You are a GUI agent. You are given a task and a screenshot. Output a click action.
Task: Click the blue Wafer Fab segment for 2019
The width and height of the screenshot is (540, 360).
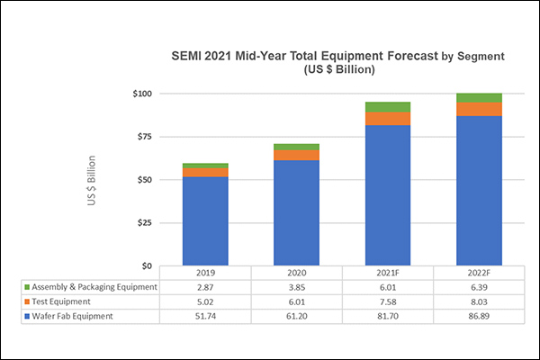pos(205,220)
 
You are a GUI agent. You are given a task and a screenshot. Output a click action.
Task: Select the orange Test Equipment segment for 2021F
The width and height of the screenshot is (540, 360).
pos(388,119)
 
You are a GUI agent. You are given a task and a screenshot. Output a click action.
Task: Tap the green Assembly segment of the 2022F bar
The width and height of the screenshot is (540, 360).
pos(479,97)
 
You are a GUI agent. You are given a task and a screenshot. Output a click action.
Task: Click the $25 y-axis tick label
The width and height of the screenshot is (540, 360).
pos(143,223)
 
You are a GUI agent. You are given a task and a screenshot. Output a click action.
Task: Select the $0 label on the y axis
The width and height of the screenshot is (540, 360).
pos(147,266)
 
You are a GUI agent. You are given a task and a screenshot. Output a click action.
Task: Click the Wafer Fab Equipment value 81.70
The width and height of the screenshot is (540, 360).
pos(388,316)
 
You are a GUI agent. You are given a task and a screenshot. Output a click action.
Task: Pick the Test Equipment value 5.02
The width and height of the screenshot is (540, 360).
pos(205,301)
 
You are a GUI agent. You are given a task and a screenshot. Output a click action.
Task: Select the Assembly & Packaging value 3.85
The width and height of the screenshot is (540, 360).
pos(297,287)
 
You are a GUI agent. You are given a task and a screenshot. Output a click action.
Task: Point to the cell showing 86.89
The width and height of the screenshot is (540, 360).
pos(479,316)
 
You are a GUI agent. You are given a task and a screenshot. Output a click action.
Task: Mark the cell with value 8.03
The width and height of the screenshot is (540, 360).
pos(479,301)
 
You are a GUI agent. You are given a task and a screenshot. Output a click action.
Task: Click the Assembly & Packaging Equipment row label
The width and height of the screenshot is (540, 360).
pos(90,287)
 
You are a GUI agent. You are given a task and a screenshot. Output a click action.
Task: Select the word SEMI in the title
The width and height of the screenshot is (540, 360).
pos(190,56)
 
